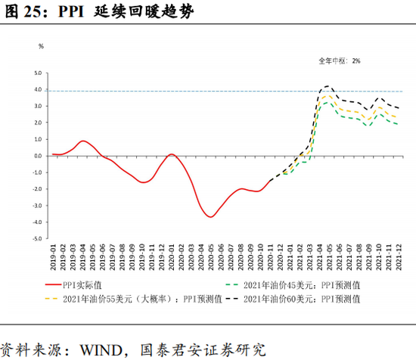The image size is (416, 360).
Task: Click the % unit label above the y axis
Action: (42, 47)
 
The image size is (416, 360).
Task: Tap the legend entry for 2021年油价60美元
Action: (301, 299)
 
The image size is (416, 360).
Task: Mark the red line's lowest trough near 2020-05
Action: (212, 217)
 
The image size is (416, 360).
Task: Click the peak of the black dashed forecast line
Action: (328, 86)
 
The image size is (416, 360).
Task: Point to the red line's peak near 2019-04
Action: (83, 141)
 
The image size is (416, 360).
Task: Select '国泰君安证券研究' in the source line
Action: (203, 349)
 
